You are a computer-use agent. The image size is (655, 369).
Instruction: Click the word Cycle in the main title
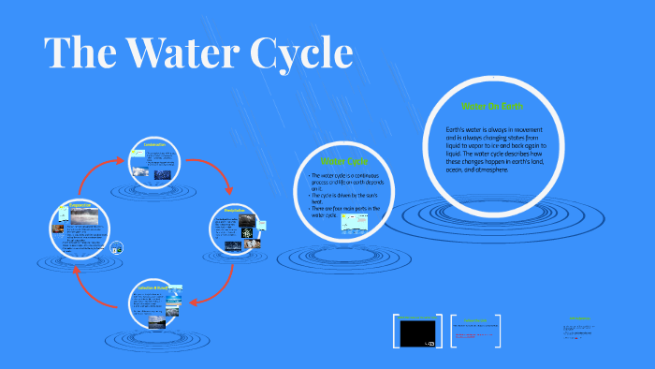[299, 54]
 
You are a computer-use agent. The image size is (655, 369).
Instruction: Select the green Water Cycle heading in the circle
[343, 161]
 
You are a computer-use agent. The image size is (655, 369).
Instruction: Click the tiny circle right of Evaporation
[117, 248]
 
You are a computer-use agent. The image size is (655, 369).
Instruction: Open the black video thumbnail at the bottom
[418, 332]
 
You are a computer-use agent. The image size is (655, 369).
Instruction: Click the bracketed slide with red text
[483, 332]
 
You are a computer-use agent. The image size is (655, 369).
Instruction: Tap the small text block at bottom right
[579, 328]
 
